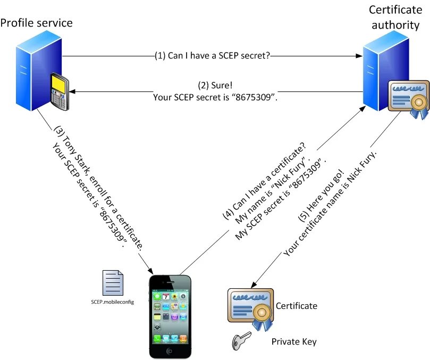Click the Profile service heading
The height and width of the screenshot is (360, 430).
coord(36,23)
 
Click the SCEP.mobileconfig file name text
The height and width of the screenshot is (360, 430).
coord(112,302)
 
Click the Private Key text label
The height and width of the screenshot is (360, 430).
coord(294,341)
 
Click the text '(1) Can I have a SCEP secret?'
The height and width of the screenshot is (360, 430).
coord(213,55)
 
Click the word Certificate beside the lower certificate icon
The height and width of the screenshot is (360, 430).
coord(297,306)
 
